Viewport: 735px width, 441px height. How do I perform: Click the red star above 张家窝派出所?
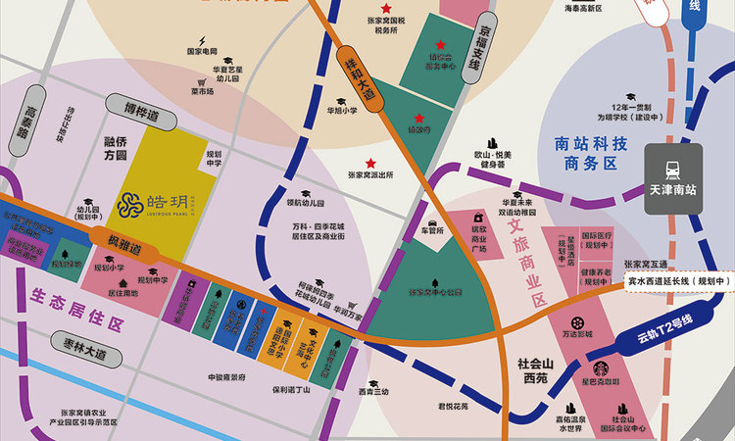tap(370, 163)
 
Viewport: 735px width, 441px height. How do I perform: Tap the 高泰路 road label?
tap(30, 125)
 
